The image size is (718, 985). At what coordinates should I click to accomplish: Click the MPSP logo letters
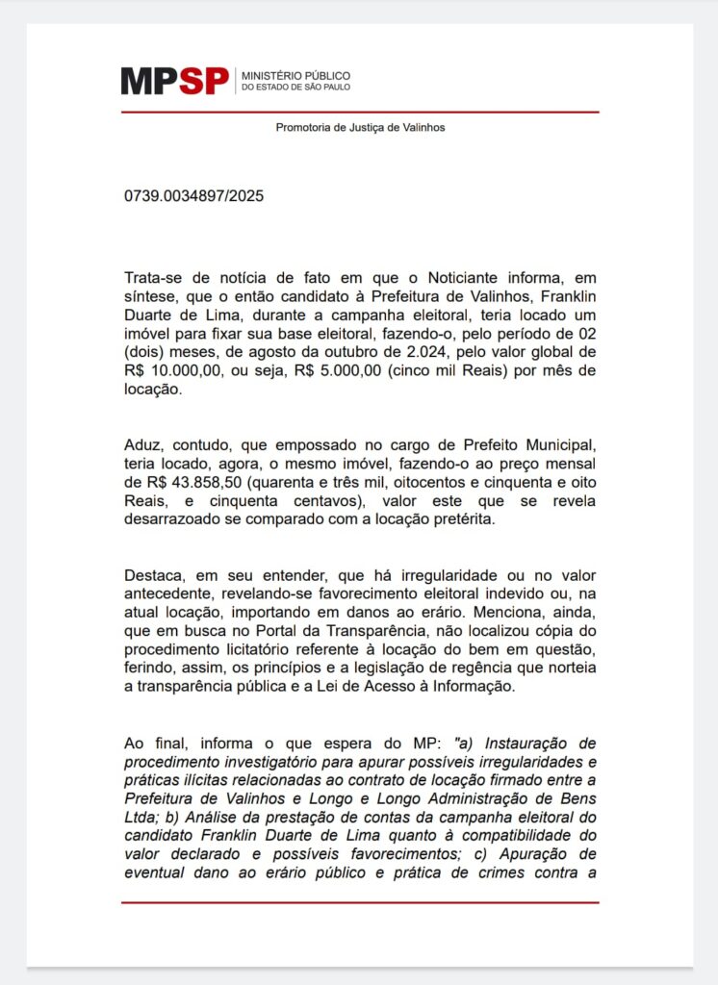click(174, 81)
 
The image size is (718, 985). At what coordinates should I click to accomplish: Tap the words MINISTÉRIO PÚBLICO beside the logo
click(295, 75)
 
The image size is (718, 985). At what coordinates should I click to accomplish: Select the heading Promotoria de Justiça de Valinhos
click(360, 127)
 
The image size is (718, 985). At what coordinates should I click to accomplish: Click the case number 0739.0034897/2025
click(193, 196)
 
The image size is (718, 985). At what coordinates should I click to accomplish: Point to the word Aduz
click(141, 445)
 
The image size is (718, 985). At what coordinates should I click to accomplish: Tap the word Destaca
click(153, 576)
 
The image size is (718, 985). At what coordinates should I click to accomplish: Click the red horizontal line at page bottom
click(360, 902)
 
